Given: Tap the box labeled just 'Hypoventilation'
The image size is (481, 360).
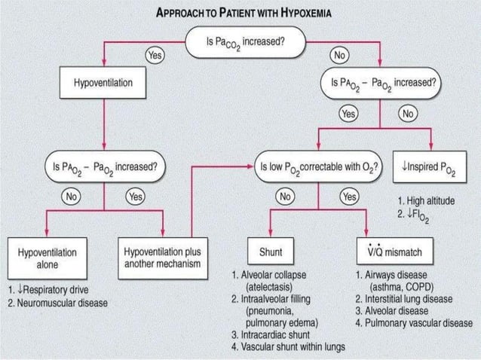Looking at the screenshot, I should (103, 81).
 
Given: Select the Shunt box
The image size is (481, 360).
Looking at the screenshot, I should (271, 251).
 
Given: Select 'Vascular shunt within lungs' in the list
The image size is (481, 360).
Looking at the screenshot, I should (290, 346).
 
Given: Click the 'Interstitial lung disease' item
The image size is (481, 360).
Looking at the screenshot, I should (403, 297).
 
